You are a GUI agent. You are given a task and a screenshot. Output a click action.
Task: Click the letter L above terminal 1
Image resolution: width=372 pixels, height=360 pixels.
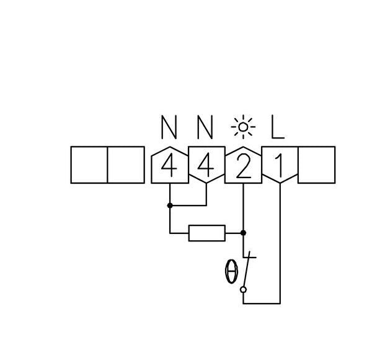coord(278,127)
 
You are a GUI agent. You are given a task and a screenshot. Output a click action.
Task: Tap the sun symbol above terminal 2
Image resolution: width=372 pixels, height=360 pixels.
coord(243,127)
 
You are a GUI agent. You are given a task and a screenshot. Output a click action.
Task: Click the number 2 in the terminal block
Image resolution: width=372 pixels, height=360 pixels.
coord(243,165)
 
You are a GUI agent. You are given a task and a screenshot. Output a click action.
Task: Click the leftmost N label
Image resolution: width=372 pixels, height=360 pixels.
coord(169,127)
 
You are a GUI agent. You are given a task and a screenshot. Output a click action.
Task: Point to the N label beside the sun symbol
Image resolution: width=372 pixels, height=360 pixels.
coord(205,127)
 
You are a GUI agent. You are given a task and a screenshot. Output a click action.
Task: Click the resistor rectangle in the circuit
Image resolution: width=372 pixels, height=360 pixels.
coord(207,233)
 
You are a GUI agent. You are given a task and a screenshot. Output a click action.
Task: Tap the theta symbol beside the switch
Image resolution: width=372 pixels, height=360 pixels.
coord(231,271)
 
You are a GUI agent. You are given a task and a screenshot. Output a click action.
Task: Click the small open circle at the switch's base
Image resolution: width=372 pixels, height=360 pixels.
coord(243,290)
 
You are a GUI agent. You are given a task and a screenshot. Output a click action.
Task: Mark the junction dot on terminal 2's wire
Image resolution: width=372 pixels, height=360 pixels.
coord(243,233)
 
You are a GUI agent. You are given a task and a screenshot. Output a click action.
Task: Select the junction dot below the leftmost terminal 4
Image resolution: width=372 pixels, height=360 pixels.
coord(170,205)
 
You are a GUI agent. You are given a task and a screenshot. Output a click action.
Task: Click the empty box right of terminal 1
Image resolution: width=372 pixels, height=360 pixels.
coord(316,165)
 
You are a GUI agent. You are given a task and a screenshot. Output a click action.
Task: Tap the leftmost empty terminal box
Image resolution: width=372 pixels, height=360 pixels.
coord(89,165)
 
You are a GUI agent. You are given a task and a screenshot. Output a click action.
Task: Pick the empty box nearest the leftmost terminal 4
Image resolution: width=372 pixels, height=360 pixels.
coord(126,165)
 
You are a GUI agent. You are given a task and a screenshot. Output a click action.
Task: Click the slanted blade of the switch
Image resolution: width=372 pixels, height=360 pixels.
coord(247,269)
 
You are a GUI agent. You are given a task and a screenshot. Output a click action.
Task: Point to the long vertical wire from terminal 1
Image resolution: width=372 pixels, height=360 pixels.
coord(280,243)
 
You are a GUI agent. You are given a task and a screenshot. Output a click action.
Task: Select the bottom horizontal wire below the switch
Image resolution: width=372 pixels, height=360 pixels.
coord(262,304)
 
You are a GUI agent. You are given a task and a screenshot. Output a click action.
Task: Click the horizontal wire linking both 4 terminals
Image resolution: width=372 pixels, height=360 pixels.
coord(188,205)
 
